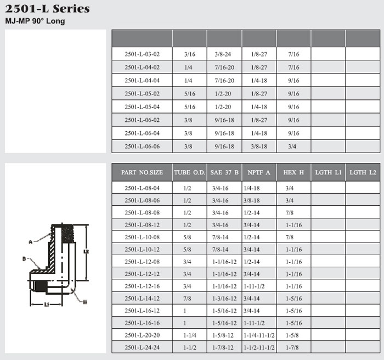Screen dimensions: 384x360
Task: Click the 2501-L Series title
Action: coord(47,9)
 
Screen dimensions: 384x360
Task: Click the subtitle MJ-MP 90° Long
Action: coord(35,21)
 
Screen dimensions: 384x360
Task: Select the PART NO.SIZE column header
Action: coord(142,172)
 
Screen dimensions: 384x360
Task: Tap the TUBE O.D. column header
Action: coord(190,172)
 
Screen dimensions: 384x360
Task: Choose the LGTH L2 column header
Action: coord(363,172)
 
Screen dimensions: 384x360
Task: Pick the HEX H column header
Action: coord(293,172)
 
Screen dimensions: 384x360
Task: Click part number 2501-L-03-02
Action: coord(142,54)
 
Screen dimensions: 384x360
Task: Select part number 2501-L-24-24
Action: coord(142,347)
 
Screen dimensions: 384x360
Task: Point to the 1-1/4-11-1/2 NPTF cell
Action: coord(259,335)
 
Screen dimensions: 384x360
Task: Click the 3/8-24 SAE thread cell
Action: coord(223,54)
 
